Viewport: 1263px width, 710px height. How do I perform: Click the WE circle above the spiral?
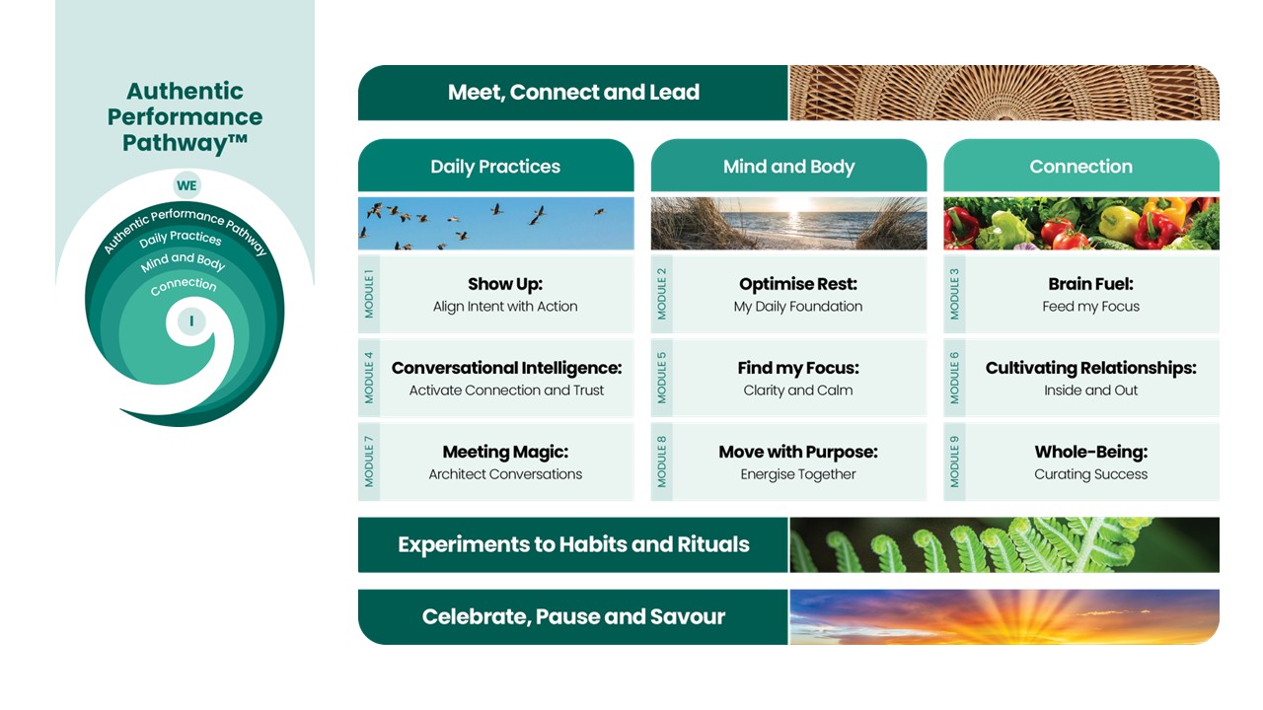click(186, 185)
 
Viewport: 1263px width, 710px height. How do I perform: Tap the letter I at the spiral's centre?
click(191, 321)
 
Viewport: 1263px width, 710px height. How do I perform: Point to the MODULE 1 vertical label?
click(369, 294)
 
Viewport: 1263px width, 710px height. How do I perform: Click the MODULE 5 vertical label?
click(662, 378)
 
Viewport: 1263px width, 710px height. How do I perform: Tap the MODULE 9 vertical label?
click(954, 461)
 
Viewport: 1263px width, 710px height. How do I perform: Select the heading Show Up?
click(505, 284)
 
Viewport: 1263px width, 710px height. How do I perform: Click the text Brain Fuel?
click(1090, 284)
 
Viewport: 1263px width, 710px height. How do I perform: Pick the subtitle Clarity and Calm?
click(798, 390)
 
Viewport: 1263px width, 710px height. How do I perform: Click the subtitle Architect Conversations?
click(505, 474)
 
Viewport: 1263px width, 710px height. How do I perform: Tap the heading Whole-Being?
click(1091, 452)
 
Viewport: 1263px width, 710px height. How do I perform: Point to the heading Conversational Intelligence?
click(506, 368)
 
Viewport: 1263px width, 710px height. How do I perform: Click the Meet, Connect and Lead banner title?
click(573, 93)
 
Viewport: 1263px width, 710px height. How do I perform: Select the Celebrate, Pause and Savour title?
click(573, 616)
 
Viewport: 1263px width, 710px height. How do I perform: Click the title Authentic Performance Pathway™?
click(185, 116)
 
